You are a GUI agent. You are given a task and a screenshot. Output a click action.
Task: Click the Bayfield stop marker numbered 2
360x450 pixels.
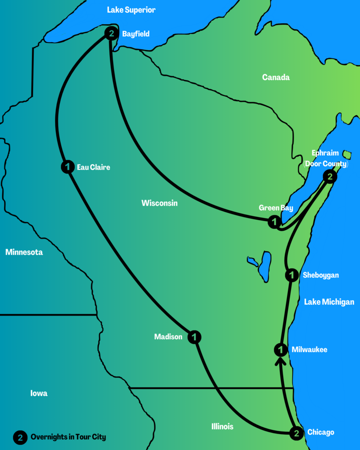pyautogui.click(x=112, y=33)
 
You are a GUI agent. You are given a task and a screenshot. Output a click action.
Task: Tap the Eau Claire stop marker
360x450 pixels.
pyautogui.click(x=67, y=167)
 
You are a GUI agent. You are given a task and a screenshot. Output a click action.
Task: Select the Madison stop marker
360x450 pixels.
pyautogui.click(x=194, y=337)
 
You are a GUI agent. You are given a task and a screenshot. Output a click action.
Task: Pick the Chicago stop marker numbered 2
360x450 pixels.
pyautogui.click(x=297, y=433)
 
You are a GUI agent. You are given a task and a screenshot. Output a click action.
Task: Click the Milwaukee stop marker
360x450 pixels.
pyautogui.click(x=280, y=350)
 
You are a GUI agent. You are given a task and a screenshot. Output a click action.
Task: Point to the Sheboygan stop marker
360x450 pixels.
pyautogui.click(x=292, y=276)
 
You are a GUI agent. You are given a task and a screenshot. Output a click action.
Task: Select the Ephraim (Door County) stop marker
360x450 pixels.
pyautogui.click(x=330, y=177)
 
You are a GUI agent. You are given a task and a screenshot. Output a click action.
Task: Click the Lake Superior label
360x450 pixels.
pyautogui.click(x=131, y=10)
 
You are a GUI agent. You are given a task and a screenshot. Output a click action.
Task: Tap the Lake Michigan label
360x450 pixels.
pyautogui.click(x=329, y=302)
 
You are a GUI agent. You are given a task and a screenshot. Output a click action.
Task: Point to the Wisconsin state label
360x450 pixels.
pyautogui.click(x=160, y=203)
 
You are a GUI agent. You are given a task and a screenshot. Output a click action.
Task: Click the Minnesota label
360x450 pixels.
pyautogui.click(x=24, y=252)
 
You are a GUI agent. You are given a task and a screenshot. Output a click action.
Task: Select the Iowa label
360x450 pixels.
pyautogui.click(x=39, y=393)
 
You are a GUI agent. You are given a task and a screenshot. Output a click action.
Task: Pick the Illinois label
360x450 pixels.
pyautogui.click(x=222, y=426)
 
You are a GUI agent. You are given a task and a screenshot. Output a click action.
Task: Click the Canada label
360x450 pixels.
pyautogui.click(x=276, y=77)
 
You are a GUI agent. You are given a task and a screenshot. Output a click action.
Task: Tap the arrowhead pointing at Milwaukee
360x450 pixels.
pyautogui.click(x=280, y=361)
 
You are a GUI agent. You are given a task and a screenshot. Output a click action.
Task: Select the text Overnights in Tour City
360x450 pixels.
pyautogui.click(x=68, y=437)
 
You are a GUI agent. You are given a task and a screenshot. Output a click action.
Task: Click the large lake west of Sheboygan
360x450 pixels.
pyautogui.click(x=265, y=266)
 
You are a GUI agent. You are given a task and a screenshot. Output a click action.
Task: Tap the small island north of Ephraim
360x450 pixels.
pyautogui.click(x=347, y=154)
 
